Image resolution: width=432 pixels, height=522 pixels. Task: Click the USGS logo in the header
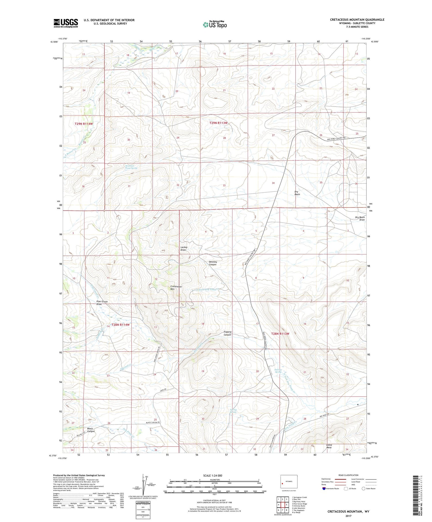coord(66,23)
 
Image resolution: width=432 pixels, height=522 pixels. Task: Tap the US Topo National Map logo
coord(215,24)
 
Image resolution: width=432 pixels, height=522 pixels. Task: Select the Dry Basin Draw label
coord(360,219)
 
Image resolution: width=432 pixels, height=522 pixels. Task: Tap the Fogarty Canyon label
coord(228,333)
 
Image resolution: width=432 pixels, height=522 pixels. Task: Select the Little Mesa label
coord(329,446)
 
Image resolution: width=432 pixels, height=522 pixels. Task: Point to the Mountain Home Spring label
coord(131,167)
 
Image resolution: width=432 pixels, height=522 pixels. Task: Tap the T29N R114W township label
coord(84,124)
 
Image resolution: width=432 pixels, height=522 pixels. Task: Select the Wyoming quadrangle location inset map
coord(289,482)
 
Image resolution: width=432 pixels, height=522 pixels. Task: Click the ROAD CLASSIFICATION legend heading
coord(348,475)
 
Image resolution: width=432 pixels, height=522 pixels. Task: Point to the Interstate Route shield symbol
coord(324,489)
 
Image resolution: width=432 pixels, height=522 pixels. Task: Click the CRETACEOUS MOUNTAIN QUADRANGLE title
coord(357,20)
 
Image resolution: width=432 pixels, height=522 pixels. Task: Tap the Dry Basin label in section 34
coord(297,193)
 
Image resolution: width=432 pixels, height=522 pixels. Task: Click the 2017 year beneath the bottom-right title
coord(348,516)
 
